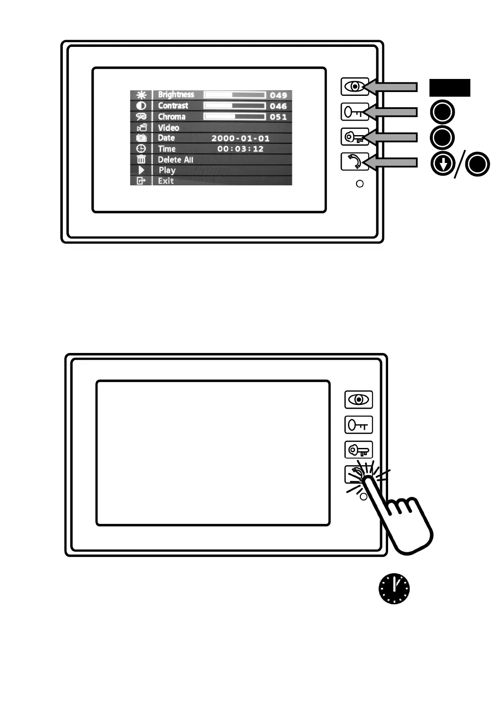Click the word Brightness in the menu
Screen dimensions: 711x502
click(x=176, y=95)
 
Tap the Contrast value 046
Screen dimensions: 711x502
click(x=278, y=106)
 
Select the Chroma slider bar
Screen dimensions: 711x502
click(x=235, y=117)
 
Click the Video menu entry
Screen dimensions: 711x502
click(x=168, y=128)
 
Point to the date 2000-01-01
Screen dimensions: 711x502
click(x=240, y=138)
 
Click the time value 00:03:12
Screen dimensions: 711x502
click(x=240, y=149)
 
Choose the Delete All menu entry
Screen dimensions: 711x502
click(x=175, y=160)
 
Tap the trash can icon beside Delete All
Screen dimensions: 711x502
click(x=141, y=160)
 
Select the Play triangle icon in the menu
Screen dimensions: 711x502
click(x=141, y=170)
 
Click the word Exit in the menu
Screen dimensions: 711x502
click(x=166, y=181)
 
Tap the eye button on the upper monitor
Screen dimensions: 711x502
click(x=355, y=87)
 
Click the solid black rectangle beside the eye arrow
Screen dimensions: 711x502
click(x=450, y=87)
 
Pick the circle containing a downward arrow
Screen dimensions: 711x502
click(x=443, y=164)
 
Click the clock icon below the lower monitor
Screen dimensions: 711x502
click(x=394, y=589)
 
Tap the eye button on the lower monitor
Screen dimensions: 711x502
click(x=359, y=399)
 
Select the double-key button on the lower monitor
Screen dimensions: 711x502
click(x=359, y=450)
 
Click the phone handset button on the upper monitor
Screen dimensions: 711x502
click(x=354, y=162)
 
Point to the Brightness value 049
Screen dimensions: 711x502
click(x=278, y=95)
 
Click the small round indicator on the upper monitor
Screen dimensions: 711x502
click(x=360, y=184)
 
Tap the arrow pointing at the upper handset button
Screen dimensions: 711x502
click(x=392, y=163)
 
